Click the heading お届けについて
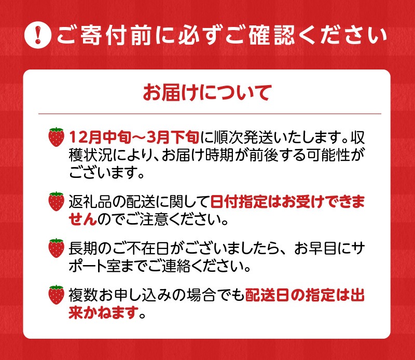tap(207, 93)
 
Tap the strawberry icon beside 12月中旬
tap(56, 137)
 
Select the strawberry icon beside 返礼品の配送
tap(56, 201)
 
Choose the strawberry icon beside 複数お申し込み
tap(56, 295)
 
